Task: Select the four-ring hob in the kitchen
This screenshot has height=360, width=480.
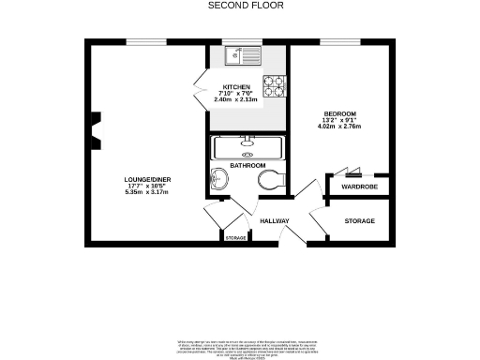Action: pos(273,87)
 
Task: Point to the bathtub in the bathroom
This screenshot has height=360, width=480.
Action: pos(247,149)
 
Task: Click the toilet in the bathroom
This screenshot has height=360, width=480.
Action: pos(273,180)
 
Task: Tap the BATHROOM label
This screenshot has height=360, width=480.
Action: pos(247,166)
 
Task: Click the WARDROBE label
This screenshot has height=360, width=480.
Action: pos(358,187)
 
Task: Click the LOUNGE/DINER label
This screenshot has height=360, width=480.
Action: pos(146,179)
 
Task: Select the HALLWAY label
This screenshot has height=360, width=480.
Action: pos(274,221)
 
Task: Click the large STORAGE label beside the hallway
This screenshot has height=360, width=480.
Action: pos(359,221)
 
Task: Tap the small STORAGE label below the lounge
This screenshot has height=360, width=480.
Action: pos(235,238)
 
